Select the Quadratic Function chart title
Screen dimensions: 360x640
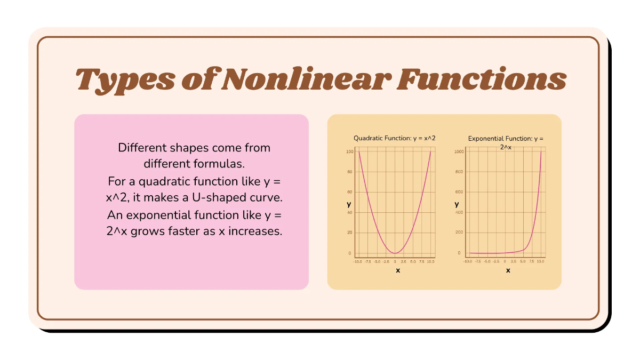pos(394,138)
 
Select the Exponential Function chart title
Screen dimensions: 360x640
pos(506,139)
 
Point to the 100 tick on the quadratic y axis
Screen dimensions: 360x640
pos(350,152)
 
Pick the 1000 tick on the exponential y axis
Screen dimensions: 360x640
pos(459,152)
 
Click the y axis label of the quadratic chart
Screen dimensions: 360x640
pos(349,204)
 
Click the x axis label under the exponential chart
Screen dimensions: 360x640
pos(508,270)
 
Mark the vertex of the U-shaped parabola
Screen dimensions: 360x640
pos(395,253)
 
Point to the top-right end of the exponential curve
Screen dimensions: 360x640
pos(541,153)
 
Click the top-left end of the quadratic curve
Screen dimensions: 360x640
pos(359,153)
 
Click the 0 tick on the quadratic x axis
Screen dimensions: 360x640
pos(395,262)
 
